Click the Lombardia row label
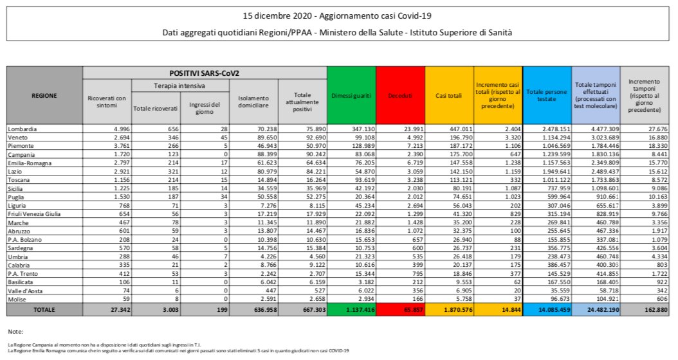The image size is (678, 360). [x=23, y=129]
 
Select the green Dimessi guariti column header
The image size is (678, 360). [x=351, y=96]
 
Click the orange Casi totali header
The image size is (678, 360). [x=449, y=96]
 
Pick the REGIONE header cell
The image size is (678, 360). [x=44, y=96]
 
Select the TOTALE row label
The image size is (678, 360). [x=44, y=309]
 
